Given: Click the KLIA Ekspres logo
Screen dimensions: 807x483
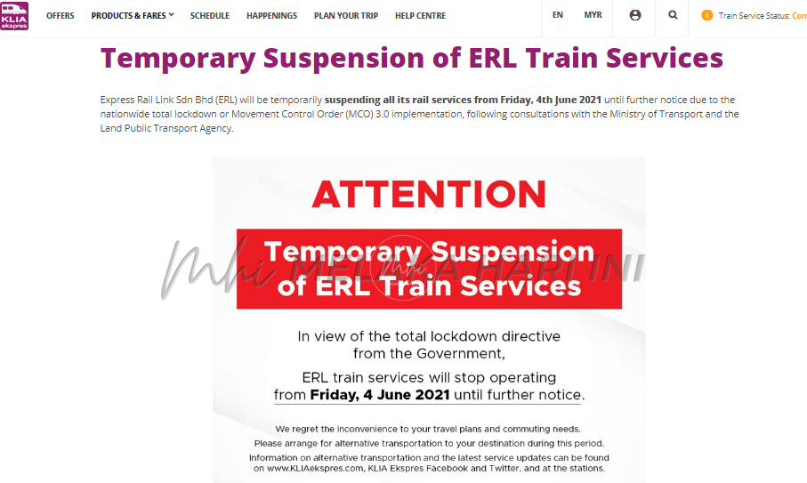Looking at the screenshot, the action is [x=14, y=16].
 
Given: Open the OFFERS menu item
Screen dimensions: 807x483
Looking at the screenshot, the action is [x=61, y=16].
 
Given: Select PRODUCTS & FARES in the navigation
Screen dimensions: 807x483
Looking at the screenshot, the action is [x=133, y=16].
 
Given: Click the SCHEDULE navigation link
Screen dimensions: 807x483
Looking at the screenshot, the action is [x=210, y=16].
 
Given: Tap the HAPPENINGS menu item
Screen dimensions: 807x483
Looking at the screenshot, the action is [x=271, y=16].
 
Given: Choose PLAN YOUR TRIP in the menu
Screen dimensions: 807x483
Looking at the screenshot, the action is [x=346, y=16].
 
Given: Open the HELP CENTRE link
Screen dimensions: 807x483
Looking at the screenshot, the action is [x=421, y=16].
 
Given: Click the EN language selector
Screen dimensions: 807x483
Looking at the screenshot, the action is [x=557, y=15].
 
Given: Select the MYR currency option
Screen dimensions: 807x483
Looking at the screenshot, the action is [x=593, y=15].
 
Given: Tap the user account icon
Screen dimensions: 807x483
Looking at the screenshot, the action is [x=635, y=15].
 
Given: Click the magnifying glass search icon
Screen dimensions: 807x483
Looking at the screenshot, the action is [x=673, y=15].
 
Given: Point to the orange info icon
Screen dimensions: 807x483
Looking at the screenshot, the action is [x=707, y=15].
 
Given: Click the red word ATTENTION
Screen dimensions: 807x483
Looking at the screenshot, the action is [x=429, y=194].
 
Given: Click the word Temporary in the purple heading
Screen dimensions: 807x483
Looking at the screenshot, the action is [x=178, y=58].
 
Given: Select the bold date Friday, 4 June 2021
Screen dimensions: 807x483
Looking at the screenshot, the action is [x=380, y=395].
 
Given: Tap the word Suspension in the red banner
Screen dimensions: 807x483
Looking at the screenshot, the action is [x=512, y=252].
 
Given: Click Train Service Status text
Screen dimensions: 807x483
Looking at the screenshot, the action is [x=754, y=16].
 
